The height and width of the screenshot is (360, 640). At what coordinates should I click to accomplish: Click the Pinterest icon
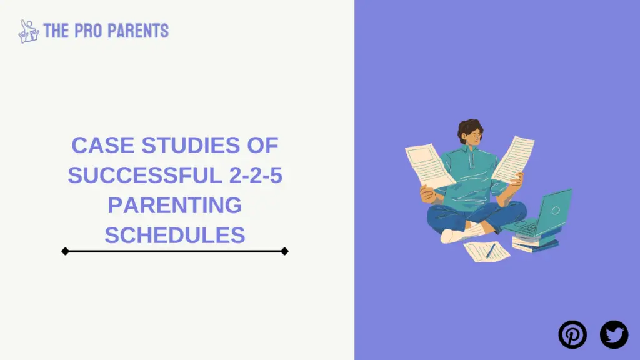[x=572, y=335]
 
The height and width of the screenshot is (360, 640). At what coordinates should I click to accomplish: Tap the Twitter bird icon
[x=614, y=335]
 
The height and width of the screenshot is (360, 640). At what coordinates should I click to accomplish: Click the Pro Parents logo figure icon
[x=29, y=31]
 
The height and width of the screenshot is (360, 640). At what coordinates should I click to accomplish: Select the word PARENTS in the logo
[x=138, y=31]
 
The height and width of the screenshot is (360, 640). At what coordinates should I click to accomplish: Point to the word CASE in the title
[x=103, y=145]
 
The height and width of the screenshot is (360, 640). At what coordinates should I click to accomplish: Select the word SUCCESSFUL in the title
[x=145, y=175]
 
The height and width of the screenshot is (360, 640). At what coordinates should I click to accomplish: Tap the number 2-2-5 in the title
[x=256, y=175]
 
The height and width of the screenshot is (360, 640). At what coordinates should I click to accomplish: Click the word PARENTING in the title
[x=175, y=205]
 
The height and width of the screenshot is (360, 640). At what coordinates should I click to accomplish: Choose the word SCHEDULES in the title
[x=175, y=235]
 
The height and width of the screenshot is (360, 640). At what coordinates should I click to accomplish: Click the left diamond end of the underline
[x=65, y=251]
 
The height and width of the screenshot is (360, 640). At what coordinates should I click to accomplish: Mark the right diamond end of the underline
[x=285, y=251]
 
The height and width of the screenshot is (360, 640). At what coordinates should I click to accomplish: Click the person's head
[x=470, y=131]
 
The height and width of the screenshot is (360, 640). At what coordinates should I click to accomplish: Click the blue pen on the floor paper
[x=491, y=251]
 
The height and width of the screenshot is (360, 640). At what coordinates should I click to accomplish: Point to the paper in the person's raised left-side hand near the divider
[x=429, y=165]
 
